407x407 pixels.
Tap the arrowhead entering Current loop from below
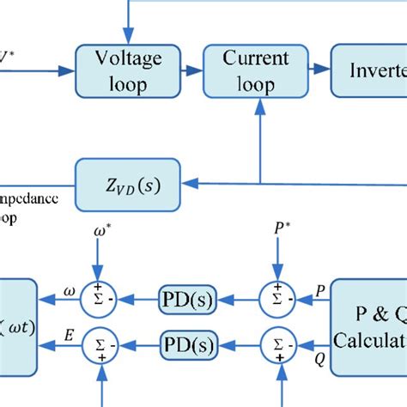point(259,105)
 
